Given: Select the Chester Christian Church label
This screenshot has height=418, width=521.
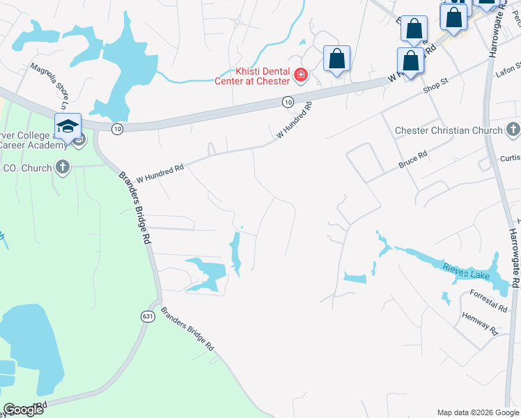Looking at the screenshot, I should tap(448, 130).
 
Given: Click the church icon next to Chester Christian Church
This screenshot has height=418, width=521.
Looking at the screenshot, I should tap(513, 130).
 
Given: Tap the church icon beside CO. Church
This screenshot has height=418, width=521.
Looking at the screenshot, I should tap(63, 167).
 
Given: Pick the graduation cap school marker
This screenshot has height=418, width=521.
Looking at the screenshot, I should tap(68, 127).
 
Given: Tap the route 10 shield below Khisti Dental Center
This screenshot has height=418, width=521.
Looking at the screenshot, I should tap(288, 102).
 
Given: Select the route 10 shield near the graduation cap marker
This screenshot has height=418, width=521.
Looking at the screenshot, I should tap(117, 129).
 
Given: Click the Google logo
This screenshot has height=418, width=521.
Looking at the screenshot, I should tap(23, 410).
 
